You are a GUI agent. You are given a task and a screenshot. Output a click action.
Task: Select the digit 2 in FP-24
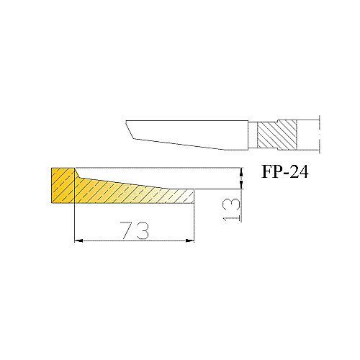294,171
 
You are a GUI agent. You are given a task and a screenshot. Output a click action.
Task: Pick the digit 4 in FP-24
304,171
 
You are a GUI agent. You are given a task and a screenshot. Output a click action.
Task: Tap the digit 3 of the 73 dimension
143,230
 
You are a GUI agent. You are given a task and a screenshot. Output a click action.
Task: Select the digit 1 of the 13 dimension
231,219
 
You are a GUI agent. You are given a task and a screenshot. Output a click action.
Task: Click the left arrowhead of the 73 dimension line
78,240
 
